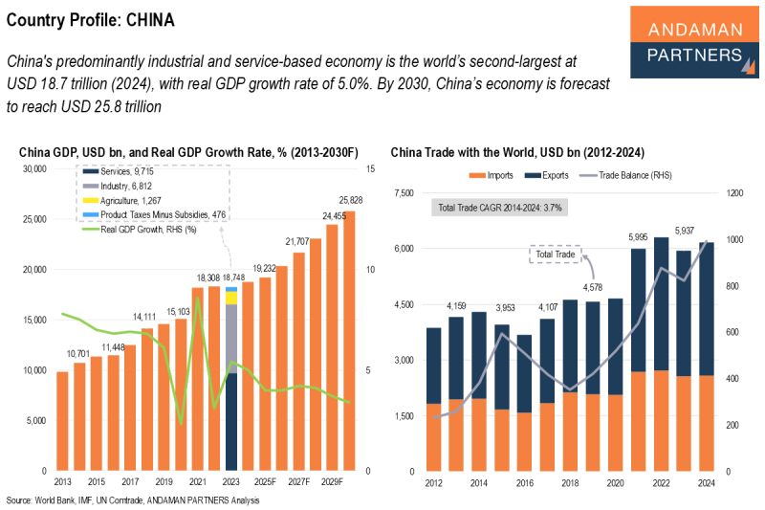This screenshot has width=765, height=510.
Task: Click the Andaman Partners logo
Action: (x=694, y=42)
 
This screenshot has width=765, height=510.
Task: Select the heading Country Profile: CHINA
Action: (x=90, y=20)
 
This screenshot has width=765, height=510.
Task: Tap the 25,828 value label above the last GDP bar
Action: (x=351, y=200)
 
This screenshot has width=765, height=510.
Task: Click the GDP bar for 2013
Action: (x=62, y=421)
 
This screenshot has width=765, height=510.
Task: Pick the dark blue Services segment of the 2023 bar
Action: (x=231, y=422)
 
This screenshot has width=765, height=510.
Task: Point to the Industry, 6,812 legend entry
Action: (x=117, y=186)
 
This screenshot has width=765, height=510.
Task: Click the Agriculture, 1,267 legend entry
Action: (x=121, y=201)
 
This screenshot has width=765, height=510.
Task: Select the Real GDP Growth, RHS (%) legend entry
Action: (x=139, y=230)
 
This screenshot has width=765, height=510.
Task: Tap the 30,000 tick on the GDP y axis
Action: (x=34, y=168)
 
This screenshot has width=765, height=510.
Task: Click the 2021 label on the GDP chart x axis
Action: (x=198, y=481)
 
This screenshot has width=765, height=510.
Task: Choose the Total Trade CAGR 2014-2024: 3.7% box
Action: (x=499, y=208)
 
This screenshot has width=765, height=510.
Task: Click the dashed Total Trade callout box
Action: (x=556, y=255)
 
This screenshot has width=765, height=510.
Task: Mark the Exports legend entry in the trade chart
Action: (x=547, y=175)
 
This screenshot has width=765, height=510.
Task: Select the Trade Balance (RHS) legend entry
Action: (x=625, y=175)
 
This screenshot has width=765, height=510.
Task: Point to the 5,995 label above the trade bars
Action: (x=638, y=237)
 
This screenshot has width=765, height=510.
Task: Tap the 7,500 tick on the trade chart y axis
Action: (x=404, y=192)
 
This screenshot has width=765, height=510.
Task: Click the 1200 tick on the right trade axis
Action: (x=734, y=192)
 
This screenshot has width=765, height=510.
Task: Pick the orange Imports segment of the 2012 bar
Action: (x=434, y=437)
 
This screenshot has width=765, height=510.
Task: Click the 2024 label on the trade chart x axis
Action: (x=707, y=483)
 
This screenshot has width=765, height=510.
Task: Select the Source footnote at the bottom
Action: (x=133, y=500)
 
